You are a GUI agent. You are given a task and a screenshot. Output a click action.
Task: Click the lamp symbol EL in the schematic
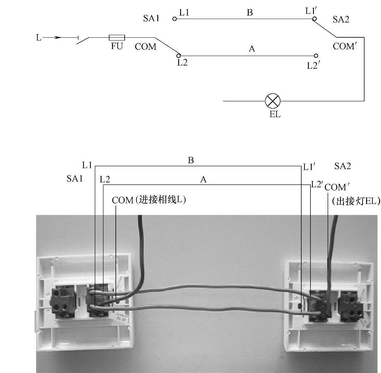272,101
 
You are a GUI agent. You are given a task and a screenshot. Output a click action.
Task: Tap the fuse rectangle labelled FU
117,38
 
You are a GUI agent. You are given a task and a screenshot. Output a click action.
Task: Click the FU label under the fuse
117,47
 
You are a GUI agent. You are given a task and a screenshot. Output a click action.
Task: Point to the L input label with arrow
39,38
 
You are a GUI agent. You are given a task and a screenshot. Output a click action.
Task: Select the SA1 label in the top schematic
151,18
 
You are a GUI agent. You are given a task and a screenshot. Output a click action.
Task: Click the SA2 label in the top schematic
341,20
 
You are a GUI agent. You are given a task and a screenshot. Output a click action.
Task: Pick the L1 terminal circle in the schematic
174,19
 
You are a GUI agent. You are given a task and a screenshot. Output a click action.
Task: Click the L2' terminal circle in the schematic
315,56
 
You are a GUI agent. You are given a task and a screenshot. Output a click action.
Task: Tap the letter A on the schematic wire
252,49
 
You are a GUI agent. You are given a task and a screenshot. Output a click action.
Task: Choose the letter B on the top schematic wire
250,13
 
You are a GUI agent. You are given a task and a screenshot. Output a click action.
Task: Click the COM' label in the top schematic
345,47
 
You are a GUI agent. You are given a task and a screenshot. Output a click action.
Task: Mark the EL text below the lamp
275,114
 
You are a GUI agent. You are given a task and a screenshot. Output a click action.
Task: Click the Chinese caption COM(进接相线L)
149,200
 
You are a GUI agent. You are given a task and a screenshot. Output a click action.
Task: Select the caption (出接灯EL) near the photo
355,201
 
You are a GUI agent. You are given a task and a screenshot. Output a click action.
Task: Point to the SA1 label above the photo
74,179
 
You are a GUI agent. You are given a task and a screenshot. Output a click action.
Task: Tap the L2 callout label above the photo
105,180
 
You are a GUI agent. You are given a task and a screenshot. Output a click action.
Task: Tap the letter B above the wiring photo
191,160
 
